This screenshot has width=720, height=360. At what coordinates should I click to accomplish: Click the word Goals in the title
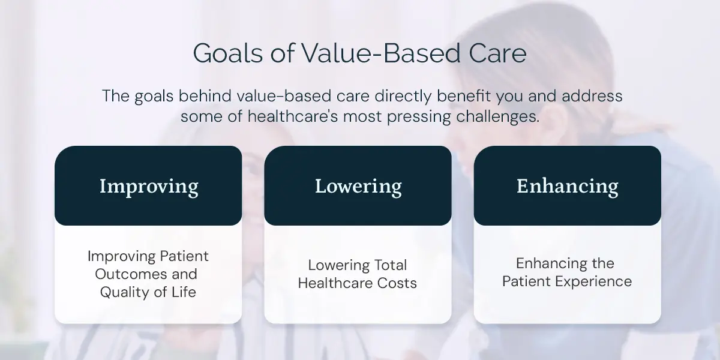pos(228,53)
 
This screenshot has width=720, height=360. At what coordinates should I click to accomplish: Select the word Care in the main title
pos(497,53)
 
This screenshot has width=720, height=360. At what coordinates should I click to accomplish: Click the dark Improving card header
pos(148,185)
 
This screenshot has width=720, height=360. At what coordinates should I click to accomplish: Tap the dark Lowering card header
pos(358,185)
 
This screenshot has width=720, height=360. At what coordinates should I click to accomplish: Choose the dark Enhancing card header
pos(568,185)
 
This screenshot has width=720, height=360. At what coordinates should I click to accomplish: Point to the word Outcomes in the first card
pos(131,274)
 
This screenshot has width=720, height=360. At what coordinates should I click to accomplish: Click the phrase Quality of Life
pos(148,292)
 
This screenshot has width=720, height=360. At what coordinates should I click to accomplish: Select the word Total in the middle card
pos(386,265)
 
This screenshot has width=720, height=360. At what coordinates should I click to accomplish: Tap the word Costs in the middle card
pos(397,283)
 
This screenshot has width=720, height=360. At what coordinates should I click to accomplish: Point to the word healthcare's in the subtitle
pos(293,116)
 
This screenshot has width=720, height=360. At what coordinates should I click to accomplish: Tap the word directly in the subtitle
pos(403,97)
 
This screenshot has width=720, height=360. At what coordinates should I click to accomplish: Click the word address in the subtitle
pos(592,96)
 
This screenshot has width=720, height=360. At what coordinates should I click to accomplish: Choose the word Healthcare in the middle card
pos(335,283)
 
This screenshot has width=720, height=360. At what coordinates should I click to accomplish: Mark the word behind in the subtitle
pos(205,96)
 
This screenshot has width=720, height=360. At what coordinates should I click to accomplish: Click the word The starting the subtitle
pos(116,96)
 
